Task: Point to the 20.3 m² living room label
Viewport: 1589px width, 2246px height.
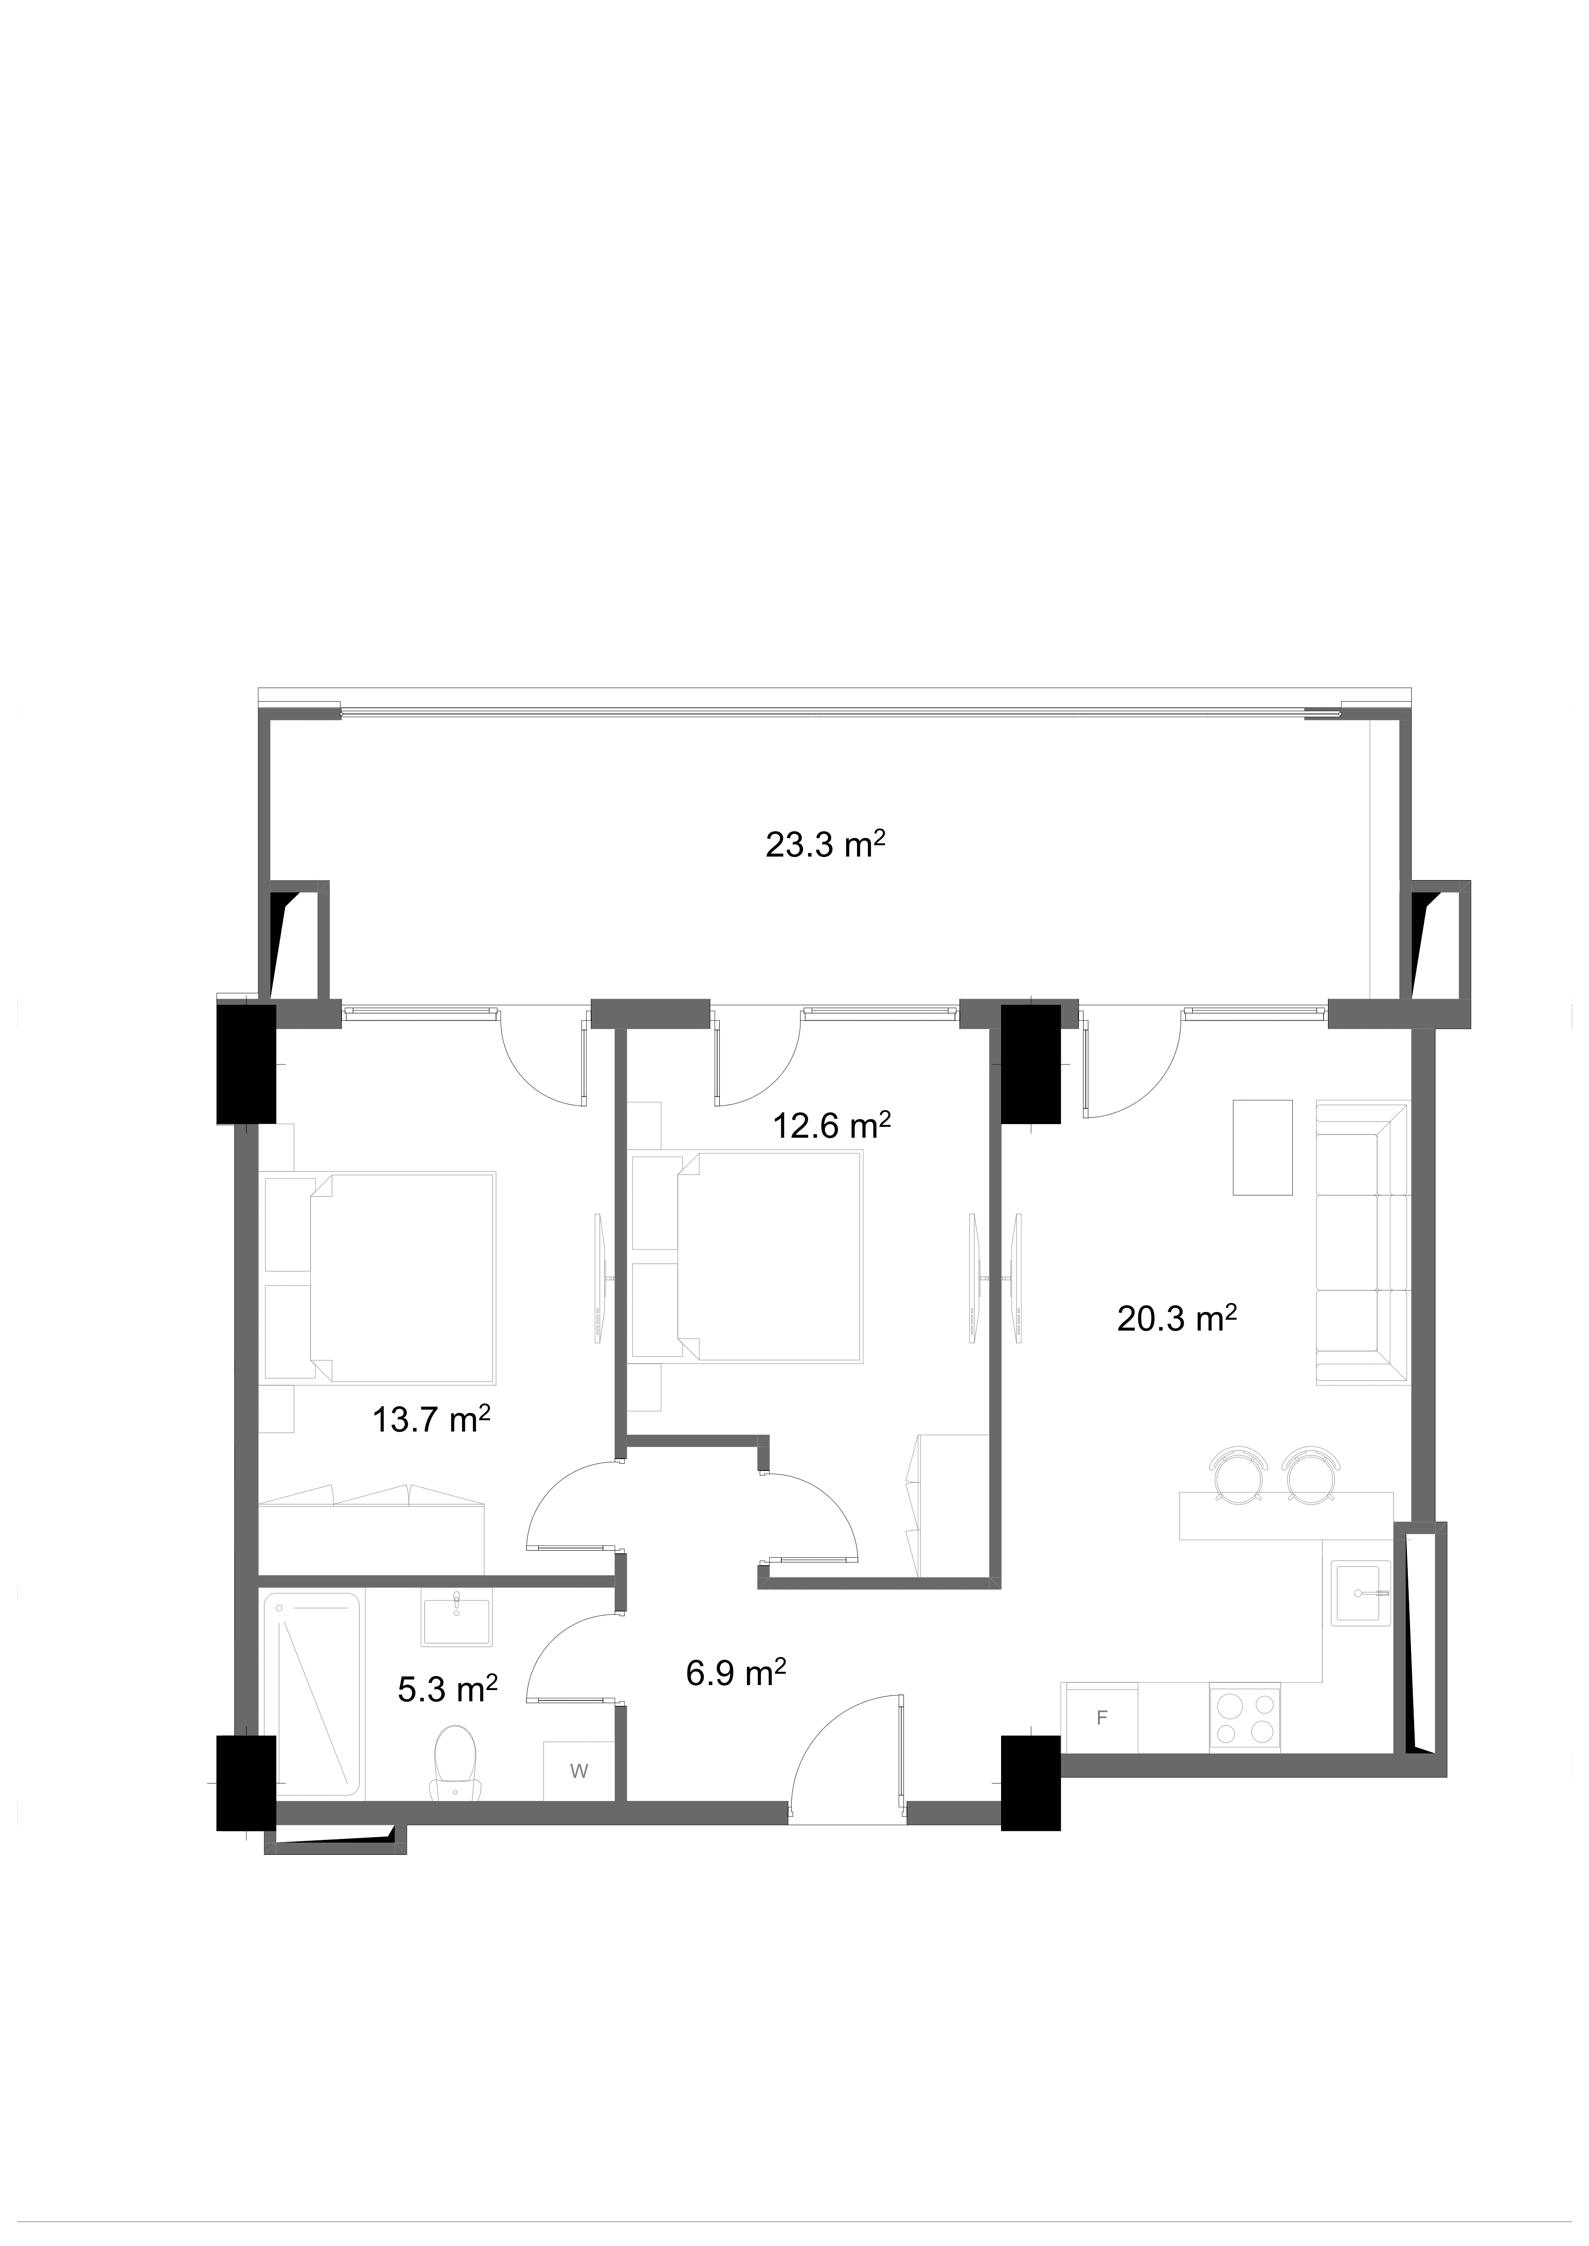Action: (x=1177, y=1320)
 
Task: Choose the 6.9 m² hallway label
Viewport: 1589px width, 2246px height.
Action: (x=736, y=1673)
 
